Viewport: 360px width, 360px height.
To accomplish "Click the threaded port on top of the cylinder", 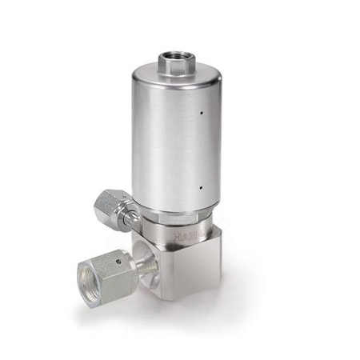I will (x=174, y=61).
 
